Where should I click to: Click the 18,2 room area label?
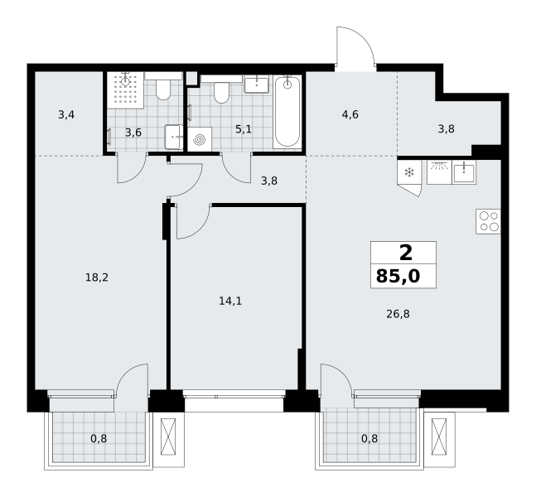97,277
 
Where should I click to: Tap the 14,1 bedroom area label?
230,301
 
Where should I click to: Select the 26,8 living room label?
398,314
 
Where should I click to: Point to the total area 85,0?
398,276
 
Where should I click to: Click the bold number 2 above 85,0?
406,253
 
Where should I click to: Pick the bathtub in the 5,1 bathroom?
287,112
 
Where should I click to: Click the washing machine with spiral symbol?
200,139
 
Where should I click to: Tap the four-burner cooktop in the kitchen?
488,221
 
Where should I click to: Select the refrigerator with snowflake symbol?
409,178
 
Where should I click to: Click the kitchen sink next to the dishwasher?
464,172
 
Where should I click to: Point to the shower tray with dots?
125,90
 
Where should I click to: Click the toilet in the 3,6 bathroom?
163,86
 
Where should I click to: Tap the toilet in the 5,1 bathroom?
221,89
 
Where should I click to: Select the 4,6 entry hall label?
350,114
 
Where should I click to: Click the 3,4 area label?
66,115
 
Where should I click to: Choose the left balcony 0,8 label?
99,438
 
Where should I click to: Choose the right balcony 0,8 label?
369,438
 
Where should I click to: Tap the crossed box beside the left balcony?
168,437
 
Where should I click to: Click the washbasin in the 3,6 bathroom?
174,137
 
